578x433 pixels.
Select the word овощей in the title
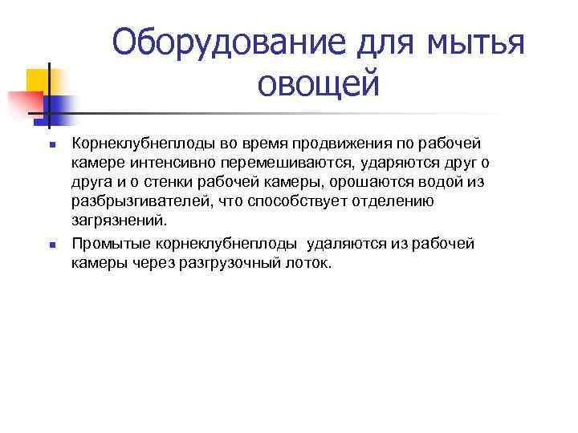[319, 83]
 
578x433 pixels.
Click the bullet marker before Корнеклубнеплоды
[51, 145]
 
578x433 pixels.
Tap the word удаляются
[338, 244]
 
